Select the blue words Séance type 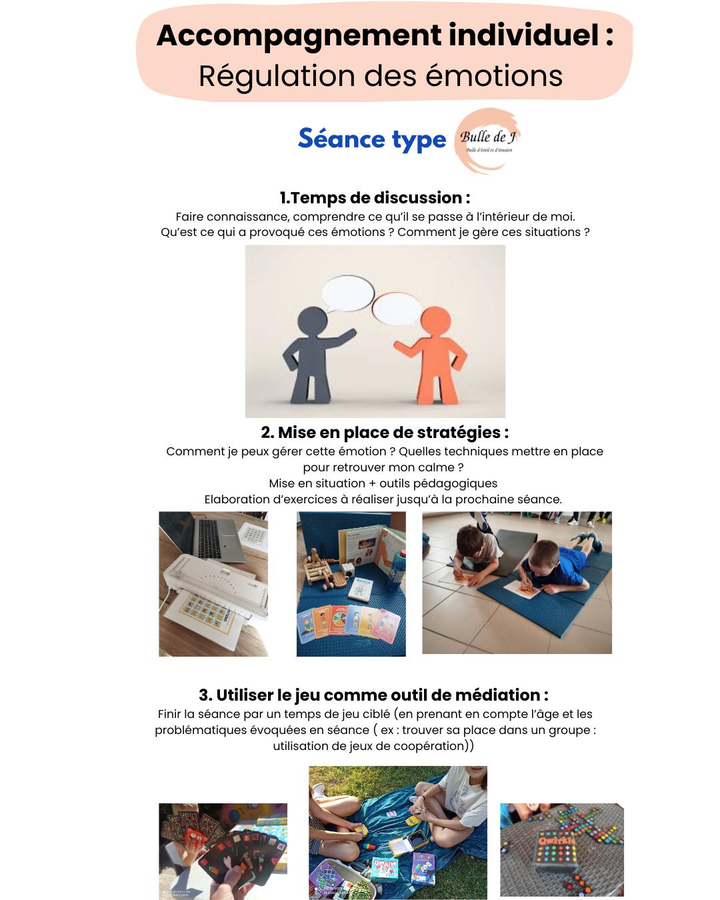point(372,139)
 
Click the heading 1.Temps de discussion point(375,198)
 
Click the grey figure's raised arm point(341,338)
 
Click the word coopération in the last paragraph point(424,746)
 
